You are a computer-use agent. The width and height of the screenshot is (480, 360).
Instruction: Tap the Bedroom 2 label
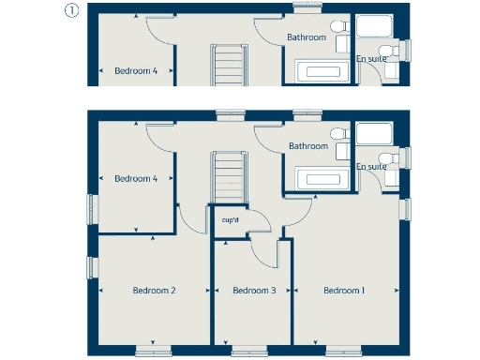(155, 291)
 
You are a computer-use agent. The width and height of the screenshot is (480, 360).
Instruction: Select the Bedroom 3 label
(254, 291)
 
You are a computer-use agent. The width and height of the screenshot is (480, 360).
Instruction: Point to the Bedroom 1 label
(344, 291)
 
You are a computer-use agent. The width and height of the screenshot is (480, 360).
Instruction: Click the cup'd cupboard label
(230, 221)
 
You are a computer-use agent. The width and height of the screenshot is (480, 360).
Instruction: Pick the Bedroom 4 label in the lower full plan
(136, 178)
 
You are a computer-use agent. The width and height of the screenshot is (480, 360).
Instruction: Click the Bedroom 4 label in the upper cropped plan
(136, 70)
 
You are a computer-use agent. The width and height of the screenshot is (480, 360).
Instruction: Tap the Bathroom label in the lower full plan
(308, 146)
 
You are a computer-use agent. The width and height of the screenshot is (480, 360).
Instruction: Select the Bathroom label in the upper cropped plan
(307, 37)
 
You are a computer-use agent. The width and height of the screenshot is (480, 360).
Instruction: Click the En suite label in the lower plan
(371, 167)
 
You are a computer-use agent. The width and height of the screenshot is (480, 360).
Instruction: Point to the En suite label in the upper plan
(370, 58)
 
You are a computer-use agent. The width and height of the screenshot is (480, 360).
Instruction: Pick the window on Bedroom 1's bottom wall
(343, 352)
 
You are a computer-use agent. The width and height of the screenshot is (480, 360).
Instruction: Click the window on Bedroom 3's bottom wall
(248, 352)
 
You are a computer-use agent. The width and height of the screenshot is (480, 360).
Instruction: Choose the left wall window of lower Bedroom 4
(92, 205)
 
